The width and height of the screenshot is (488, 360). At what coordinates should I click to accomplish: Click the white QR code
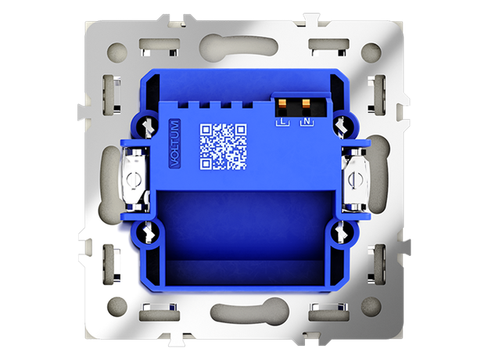pyautogui.click(x=223, y=147)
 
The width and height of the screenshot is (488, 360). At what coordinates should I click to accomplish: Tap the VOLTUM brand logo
pyautogui.click(x=174, y=143)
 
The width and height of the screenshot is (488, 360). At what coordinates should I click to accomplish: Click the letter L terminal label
pyautogui.click(x=282, y=122)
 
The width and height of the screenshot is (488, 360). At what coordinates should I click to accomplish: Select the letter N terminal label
pyautogui.click(x=307, y=122)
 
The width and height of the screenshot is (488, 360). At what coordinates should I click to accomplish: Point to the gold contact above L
pyautogui.click(x=282, y=103)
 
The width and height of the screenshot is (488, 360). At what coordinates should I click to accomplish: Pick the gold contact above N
pyautogui.click(x=307, y=103)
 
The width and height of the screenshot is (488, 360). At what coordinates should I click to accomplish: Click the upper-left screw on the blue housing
pyautogui.click(x=149, y=125)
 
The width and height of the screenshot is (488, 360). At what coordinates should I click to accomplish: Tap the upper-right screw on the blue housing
pyautogui.click(x=342, y=125)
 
